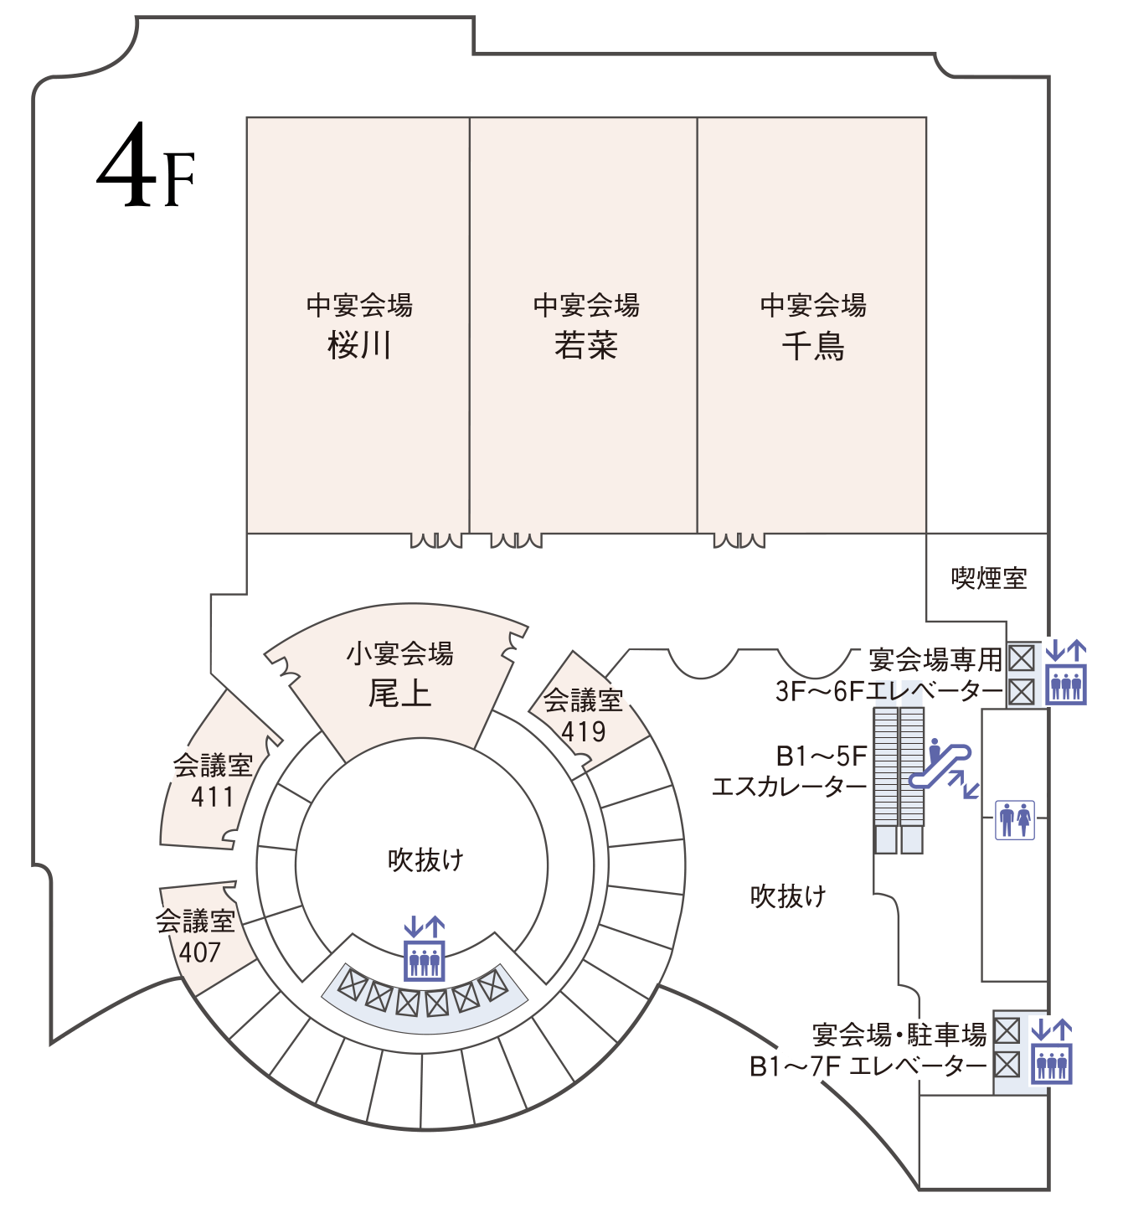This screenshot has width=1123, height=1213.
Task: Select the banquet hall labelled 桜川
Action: point(359,327)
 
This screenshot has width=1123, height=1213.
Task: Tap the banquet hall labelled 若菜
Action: point(585,327)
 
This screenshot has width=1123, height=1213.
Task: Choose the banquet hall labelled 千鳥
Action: point(812,327)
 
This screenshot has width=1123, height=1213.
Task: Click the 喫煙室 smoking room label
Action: point(988,578)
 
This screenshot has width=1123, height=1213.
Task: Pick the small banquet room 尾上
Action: point(400,674)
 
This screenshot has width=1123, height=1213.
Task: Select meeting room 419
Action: point(584,715)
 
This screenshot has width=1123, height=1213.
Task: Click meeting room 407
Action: point(198,937)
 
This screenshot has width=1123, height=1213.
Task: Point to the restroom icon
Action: point(1015,819)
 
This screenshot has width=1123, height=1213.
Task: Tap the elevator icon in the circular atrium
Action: point(425,949)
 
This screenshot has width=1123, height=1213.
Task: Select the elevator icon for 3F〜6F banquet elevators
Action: point(1067,672)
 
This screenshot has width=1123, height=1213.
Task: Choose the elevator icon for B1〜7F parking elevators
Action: point(1051,1052)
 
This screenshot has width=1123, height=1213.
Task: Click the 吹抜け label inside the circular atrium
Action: point(425,860)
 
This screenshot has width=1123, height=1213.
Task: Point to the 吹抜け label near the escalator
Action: point(788,896)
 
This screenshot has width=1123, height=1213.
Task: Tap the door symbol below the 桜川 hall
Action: point(436,540)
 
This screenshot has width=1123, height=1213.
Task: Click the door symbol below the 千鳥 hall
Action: point(739,540)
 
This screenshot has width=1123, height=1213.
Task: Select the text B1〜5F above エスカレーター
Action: point(822,756)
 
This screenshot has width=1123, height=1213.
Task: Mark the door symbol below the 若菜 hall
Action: point(516,540)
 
